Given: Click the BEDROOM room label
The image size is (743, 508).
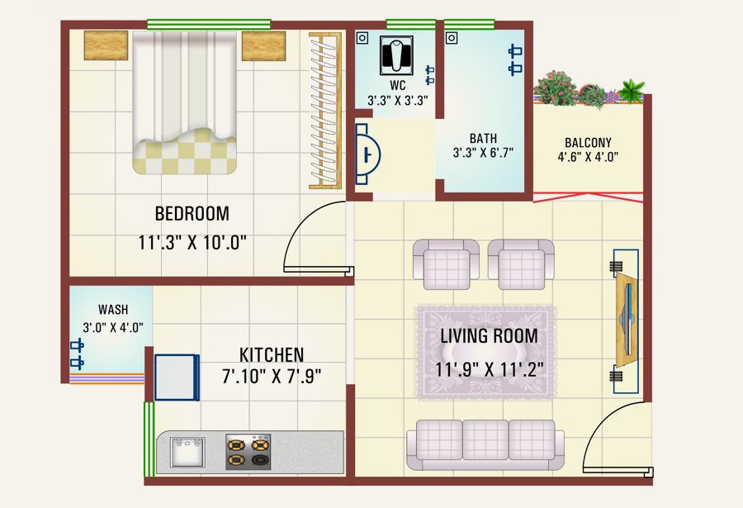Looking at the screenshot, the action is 192,213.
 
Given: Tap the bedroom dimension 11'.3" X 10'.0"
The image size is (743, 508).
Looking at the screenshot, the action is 192,243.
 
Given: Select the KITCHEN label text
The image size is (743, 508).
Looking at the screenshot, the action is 272,355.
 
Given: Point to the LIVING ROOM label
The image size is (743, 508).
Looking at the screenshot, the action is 489,336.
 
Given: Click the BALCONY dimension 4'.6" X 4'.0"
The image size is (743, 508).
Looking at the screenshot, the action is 588,156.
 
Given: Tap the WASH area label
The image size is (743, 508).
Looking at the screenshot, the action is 113,310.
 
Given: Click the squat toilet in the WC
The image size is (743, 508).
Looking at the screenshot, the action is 396,55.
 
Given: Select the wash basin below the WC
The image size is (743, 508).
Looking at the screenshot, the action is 367,154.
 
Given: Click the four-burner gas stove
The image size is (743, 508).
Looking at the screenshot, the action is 248,452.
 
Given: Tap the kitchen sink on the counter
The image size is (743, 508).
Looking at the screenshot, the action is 187,452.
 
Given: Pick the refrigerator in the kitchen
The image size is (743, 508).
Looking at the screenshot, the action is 177,377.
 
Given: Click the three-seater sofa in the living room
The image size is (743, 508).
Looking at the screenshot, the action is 485,444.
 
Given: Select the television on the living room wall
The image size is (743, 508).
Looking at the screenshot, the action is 627,321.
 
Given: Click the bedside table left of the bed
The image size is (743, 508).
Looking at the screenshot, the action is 106,45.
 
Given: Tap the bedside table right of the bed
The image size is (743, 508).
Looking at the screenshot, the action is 263,46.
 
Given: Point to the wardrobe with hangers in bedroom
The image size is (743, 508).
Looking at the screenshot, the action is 325,111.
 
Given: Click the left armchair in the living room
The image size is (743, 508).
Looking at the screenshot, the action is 446,264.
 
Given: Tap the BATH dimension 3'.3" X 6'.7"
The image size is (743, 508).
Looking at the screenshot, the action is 483,153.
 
